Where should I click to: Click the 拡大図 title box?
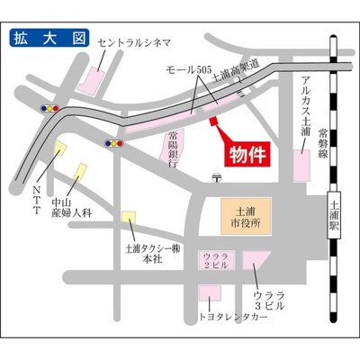[x=49, y=40]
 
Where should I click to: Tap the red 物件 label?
[x=246, y=153]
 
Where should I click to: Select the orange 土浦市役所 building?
[x=244, y=216]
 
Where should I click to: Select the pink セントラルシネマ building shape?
[x=93, y=80]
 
